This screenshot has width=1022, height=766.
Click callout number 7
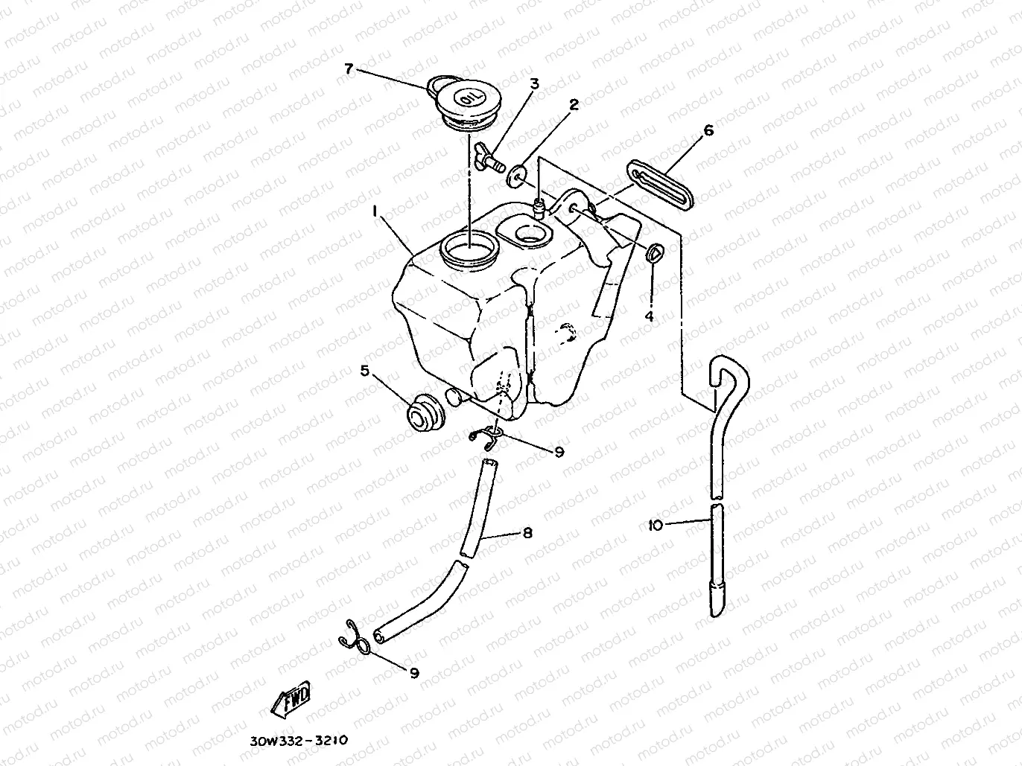[348, 68]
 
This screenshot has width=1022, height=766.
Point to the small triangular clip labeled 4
[653, 253]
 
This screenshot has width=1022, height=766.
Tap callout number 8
[527, 533]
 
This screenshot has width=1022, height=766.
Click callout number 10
[656, 526]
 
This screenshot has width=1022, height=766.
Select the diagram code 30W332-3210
[296, 741]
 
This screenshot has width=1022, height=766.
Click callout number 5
[365, 370]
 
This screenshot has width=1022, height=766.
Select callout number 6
[708, 131]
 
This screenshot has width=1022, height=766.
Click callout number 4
[649, 316]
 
